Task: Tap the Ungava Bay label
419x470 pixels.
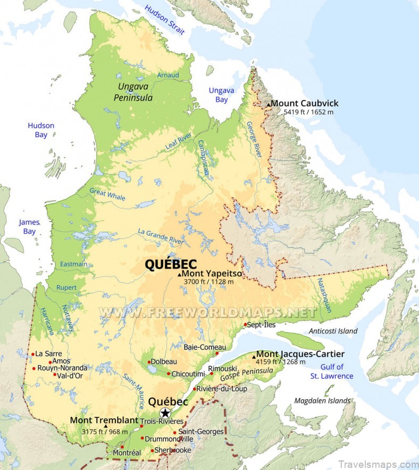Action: click(x=221, y=95)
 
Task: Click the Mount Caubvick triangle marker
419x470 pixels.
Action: click(x=269, y=105)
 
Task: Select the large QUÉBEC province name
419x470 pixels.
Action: click(x=171, y=264)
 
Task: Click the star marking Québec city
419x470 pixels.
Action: click(x=165, y=413)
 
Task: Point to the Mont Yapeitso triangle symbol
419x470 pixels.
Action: click(x=180, y=274)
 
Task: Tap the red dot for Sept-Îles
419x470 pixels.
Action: click(x=245, y=324)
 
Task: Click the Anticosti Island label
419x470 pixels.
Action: click(x=333, y=331)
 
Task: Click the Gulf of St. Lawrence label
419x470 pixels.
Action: click(x=332, y=371)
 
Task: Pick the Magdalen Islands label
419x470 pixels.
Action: click(x=322, y=400)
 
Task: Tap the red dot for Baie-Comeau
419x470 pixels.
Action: click(x=217, y=354)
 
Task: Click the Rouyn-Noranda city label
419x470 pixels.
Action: click(x=62, y=367)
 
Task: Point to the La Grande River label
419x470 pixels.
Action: click(x=161, y=237)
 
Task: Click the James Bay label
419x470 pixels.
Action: click(x=29, y=226)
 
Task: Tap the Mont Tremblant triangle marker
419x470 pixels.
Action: click(x=105, y=426)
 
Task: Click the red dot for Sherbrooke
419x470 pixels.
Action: click(x=152, y=451)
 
